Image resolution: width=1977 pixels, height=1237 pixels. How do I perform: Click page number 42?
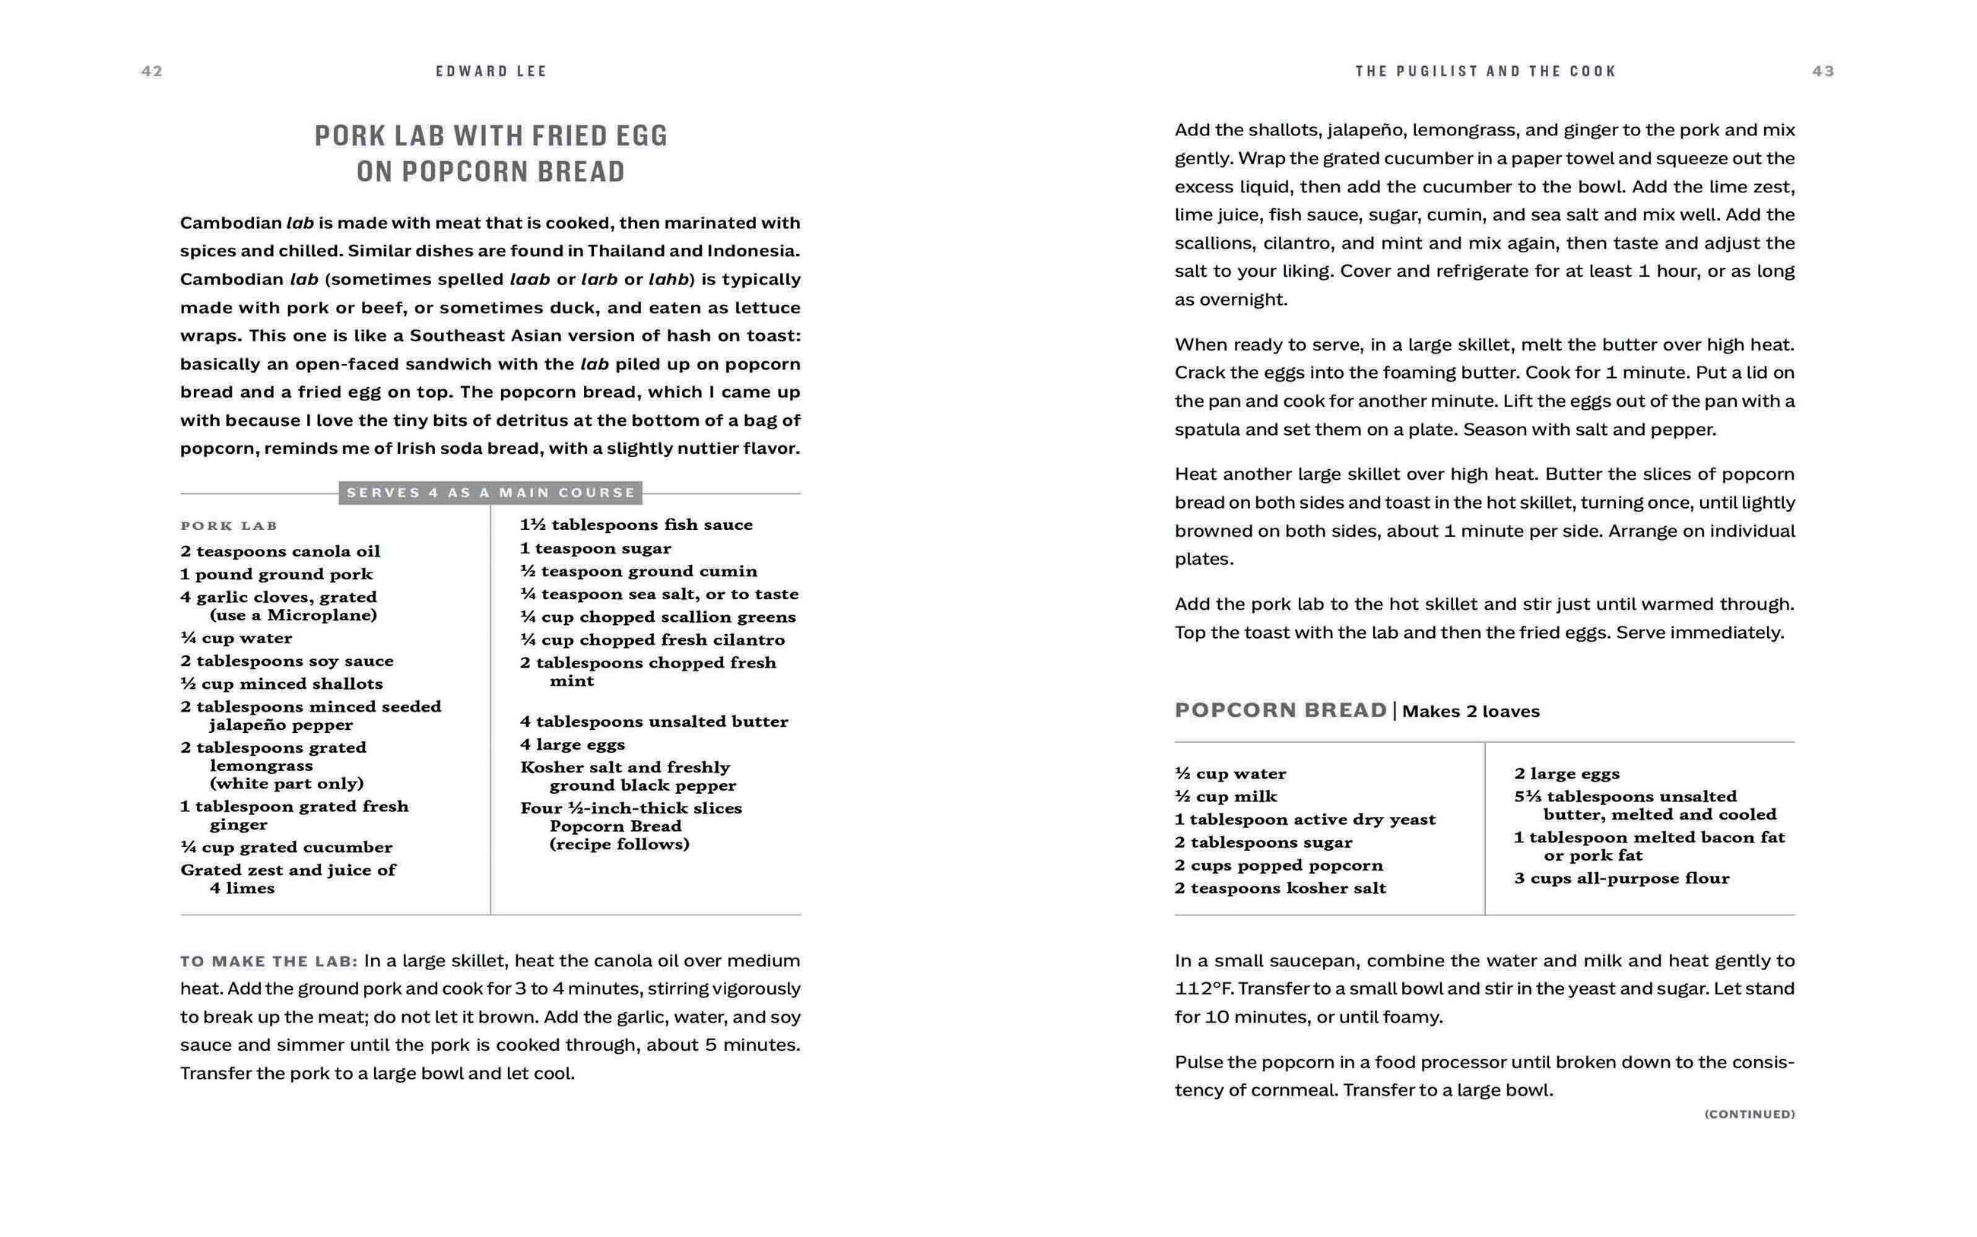(x=152, y=71)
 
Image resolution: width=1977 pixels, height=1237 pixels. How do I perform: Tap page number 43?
(x=1823, y=71)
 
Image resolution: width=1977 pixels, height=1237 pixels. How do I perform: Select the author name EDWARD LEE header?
(x=490, y=71)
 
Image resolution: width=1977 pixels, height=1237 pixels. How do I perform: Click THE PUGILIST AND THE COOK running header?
(x=1485, y=71)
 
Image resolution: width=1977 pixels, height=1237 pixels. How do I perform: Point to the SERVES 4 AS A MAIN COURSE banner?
(x=490, y=493)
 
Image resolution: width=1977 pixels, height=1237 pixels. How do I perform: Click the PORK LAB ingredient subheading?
(x=229, y=526)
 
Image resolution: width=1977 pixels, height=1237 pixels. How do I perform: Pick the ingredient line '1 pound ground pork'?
(x=277, y=574)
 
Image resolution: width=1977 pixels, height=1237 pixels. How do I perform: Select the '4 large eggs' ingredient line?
(x=573, y=744)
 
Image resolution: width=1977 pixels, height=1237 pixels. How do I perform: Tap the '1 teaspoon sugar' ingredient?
(x=595, y=548)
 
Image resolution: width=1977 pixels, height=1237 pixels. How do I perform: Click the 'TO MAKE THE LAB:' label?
(x=269, y=961)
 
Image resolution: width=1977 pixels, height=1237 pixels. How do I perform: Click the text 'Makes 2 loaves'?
(x=1471, y=712)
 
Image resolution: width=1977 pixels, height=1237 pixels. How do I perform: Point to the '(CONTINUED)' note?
(x=1750, y=1115)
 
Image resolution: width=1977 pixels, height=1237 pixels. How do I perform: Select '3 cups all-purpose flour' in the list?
(x=1621, y=879)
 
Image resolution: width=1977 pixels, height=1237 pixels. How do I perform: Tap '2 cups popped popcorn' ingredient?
(x=1278, y=865)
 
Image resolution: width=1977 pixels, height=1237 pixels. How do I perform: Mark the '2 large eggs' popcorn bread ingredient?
(x=1566, y=774)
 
